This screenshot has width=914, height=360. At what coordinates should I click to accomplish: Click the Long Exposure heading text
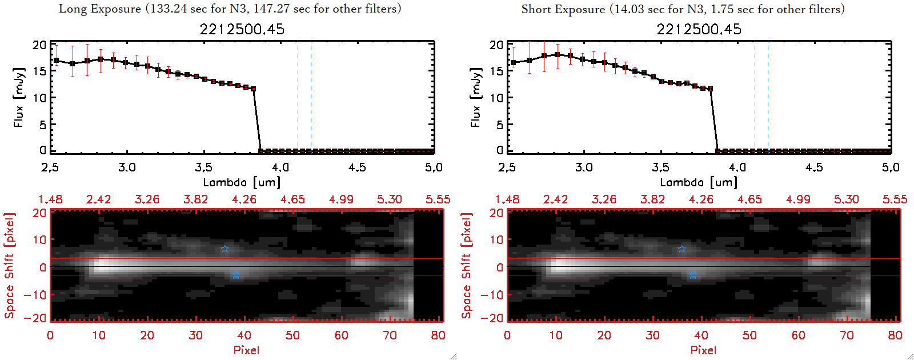pyautogui.click(x=230, y=9)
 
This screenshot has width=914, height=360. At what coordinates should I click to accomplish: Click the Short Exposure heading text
pyautogui.click(x=683, y=9)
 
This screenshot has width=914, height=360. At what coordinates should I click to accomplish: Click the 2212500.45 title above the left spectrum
pyautogui.click(x=242, y=29)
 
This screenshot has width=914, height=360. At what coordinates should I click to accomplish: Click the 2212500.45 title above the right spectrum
pyautogui.click(x=699, y=29)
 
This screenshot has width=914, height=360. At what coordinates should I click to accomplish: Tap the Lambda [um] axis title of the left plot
pyautogui.click(x=242, y=182)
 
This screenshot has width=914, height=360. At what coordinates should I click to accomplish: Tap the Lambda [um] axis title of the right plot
pyautogui.click(x=699, y=182)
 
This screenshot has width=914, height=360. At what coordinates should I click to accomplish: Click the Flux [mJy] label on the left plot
pyautogui.click(x=19, y=97)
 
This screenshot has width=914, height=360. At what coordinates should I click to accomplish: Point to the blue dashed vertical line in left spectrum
pyautogui.click(x=311, y=97)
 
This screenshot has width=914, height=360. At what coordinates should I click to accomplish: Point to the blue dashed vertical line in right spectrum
pyautogui.click(x=768, y=97)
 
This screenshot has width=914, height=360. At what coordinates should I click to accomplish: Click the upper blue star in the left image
pyautogui.click(x=225, y=249)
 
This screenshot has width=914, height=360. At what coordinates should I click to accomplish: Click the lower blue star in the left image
pyautogui.click(x=235, y=275)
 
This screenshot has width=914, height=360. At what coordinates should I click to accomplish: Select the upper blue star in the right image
pyautogui.click(x=682, y=249)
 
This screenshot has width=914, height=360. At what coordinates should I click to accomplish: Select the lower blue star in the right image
pyautogui.click(x=692, y=275)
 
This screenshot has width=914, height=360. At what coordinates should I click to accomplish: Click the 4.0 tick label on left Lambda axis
pyautogui.click(x=280, y=167)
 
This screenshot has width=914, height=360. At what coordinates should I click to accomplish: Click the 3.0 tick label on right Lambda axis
pyautogui.click(x=584, y=167)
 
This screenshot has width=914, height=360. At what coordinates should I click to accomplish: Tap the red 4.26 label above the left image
pyautogui.click(x=244, y=199)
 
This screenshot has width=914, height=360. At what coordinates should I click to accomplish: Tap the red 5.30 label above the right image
pyautogui.click(x=846, y=199)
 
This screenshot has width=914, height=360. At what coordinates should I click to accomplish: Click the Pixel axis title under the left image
pyautogui.click(x=246, y=350)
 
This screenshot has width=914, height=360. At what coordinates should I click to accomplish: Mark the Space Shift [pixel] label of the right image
pyautogui.click(x=467, y=266)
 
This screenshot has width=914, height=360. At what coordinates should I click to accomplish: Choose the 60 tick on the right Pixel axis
pyautogui.click(x=798, y=335)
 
